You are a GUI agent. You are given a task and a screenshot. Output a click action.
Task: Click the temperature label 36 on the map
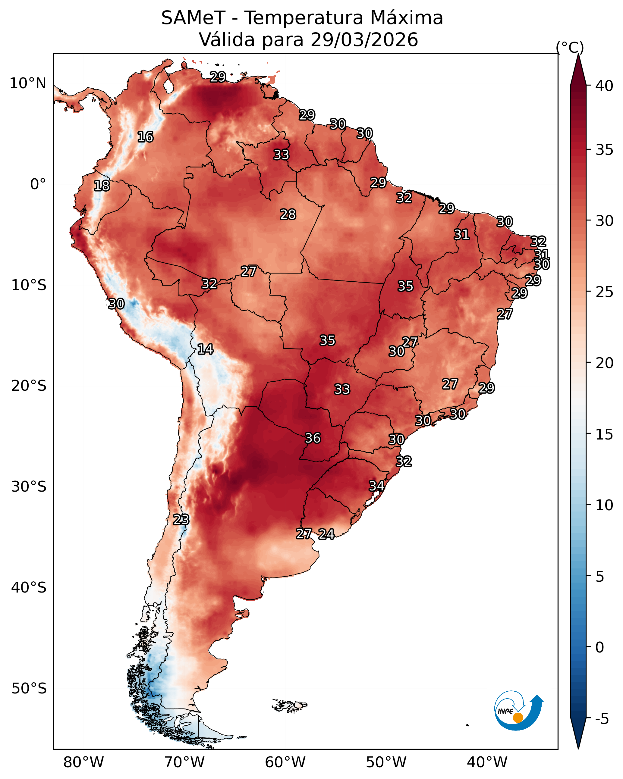tap(313, 438)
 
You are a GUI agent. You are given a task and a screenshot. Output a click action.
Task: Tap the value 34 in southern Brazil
tap(376, 486)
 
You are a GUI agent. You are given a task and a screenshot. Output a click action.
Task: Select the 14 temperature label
tap(205, 349)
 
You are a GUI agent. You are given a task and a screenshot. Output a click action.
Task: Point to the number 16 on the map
tap(145, 137)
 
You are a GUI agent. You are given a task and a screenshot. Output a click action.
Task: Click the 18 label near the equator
tap(102, 186)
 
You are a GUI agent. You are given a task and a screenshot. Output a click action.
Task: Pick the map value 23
tap(181, 520)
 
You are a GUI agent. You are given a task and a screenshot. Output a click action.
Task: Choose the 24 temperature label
tap(326, 534)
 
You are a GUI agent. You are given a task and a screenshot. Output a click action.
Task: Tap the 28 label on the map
tap(288, 214)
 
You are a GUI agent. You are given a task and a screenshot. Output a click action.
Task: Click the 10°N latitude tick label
tap(28, 83)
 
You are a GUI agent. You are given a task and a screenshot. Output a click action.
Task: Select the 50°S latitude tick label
tap(29, 689)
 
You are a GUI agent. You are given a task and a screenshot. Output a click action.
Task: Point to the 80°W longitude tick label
tap(83, 762)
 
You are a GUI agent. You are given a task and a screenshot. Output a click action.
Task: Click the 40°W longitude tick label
tap(487, 762)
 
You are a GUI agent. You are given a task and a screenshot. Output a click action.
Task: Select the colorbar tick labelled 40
tap(605, 86)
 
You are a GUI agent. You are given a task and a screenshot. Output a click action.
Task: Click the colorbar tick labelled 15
tap(605, 434)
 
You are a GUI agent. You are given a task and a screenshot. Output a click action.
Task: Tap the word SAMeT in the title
tap(193, 18)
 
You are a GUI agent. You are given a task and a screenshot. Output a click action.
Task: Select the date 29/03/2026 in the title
tap(364, 40)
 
